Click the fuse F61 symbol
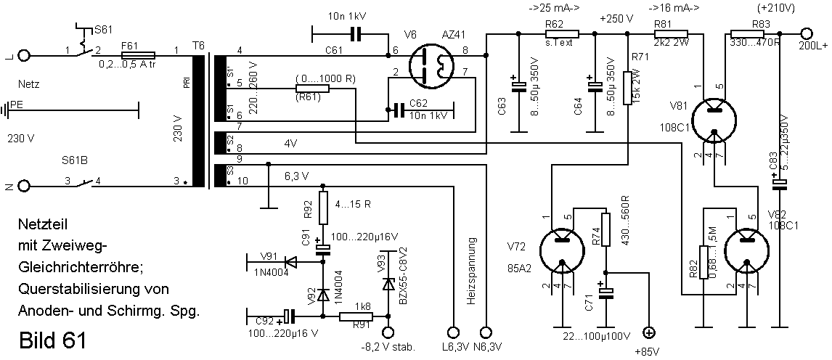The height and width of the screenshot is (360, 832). (139, 54)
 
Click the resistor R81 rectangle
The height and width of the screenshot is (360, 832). (672, 33)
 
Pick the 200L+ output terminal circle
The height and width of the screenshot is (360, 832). (807, 33)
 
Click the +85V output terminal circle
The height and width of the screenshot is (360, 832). (649, 333)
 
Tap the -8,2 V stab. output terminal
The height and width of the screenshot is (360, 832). (388, 332)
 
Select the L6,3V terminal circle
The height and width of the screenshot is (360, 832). (452, 332)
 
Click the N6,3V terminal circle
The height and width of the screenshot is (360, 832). (486, 332)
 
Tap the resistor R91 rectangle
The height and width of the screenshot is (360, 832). (356, 316)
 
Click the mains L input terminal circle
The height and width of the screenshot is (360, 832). (23, 54)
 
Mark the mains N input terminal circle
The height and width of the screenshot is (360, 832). (23, 186)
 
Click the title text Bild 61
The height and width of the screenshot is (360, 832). (52, 340)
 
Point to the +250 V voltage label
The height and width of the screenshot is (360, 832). (616, 19)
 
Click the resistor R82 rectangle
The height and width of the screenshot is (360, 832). (703, 263)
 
